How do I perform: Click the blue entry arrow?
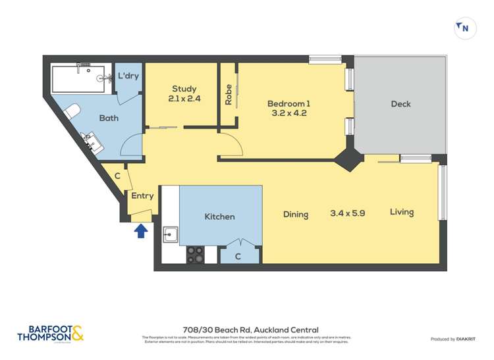[140, 231]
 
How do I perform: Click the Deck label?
[400, 104]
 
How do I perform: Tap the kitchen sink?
[170, 234]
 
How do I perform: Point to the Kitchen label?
[219, 217]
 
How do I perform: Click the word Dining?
[296, 214]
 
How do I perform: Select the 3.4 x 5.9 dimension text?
[347, 213]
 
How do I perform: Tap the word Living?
[401, 212]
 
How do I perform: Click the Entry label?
[142, 195]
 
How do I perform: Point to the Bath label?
[108, 118]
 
